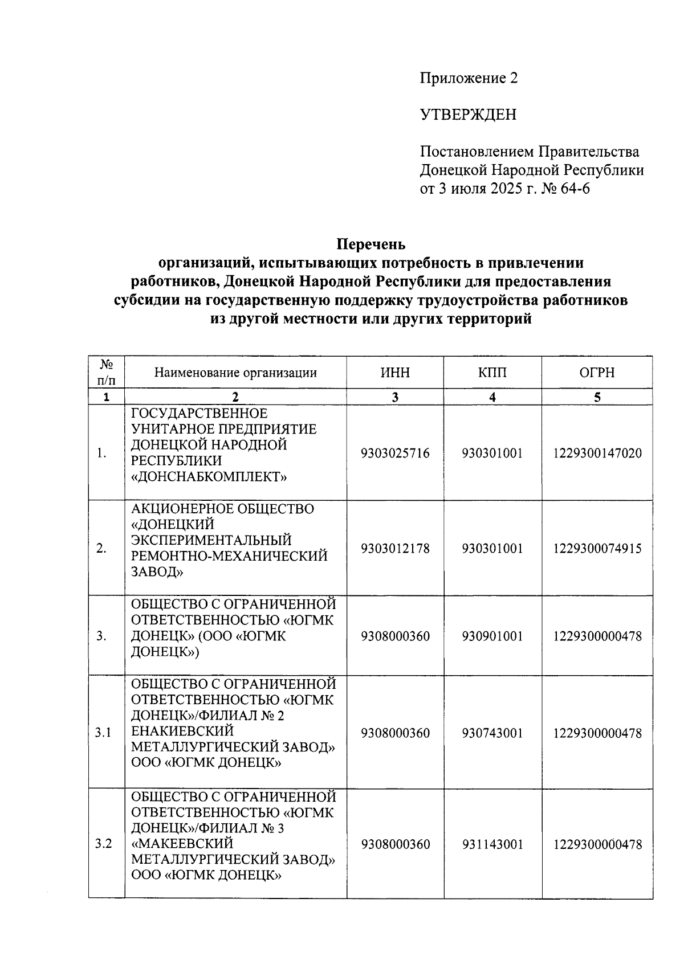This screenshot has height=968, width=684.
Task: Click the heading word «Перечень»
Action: pos(371,244)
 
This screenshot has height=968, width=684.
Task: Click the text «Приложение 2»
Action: pos(469,78)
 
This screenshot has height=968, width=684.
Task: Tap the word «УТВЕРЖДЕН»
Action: pos(468,115)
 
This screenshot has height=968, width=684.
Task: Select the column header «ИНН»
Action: pos(394,373)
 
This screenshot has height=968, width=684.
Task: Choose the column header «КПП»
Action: pos(492,373)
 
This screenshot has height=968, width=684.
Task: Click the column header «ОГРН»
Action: pos(597,373)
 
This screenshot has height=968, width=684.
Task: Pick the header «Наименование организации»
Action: pos(235,373)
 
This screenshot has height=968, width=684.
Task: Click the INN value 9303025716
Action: pos(395,454)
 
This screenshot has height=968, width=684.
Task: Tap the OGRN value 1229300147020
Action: pos(597,454)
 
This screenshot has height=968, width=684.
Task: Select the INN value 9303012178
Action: pos(395,549)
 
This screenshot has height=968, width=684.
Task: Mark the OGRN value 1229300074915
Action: pos(597,549)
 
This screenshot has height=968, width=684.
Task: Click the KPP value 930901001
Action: pos(492,636)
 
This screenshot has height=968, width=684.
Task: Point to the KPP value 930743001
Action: pos(492,733)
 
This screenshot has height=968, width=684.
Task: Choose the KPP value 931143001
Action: pos(492,844)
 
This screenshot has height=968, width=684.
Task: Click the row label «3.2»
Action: pos(103,844)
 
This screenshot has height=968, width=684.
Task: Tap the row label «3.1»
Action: pos(103,733)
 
